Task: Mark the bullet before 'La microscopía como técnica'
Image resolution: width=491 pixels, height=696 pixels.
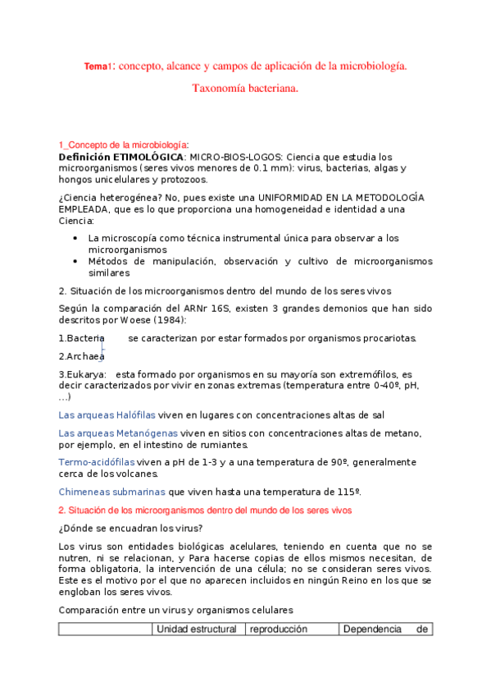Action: click(75, 238)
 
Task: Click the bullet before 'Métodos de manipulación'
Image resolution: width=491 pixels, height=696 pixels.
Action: click(75, 261)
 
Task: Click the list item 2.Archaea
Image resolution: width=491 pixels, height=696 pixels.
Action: click(81, 356)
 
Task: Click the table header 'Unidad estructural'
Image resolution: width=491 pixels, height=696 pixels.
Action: click(196, 630)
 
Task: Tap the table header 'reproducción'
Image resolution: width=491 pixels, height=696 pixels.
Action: click(278, 630)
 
